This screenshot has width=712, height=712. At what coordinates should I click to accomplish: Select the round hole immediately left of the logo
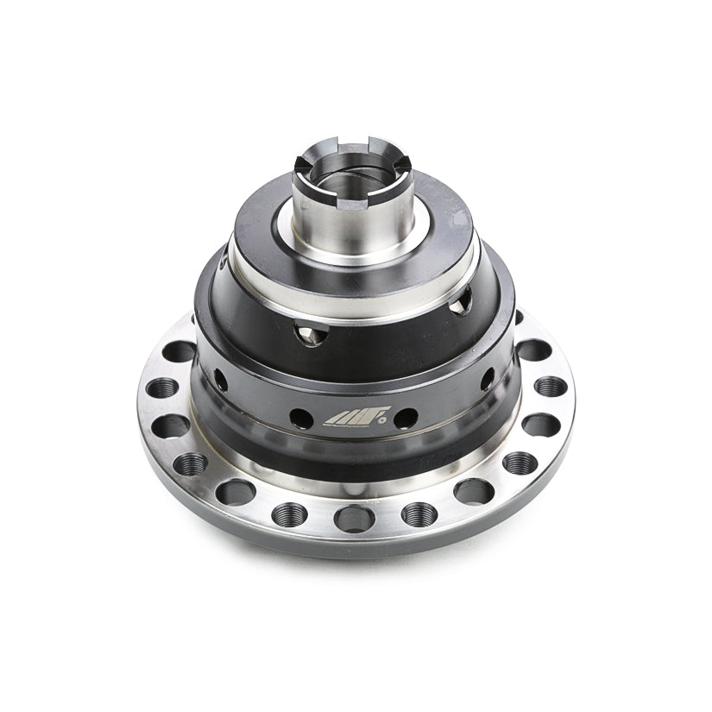pyautogui.click(x=301, y=419)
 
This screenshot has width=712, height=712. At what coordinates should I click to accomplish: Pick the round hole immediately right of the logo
pyautogui.click(x=406, y=419)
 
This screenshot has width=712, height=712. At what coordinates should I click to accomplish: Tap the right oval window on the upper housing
pyautogui.click(x=464, y=299)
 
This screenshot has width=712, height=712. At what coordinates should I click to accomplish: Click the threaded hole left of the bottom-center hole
pyautogui.click(x=290, y=515)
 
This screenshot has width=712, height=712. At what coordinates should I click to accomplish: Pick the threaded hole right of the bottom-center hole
pyautogui.click(x=419, y=514)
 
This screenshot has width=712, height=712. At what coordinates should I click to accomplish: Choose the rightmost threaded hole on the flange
pyautogui.click(x=550, y=386)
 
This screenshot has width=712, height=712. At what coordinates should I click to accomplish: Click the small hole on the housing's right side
pyautogui.click(x=488, y=378)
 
